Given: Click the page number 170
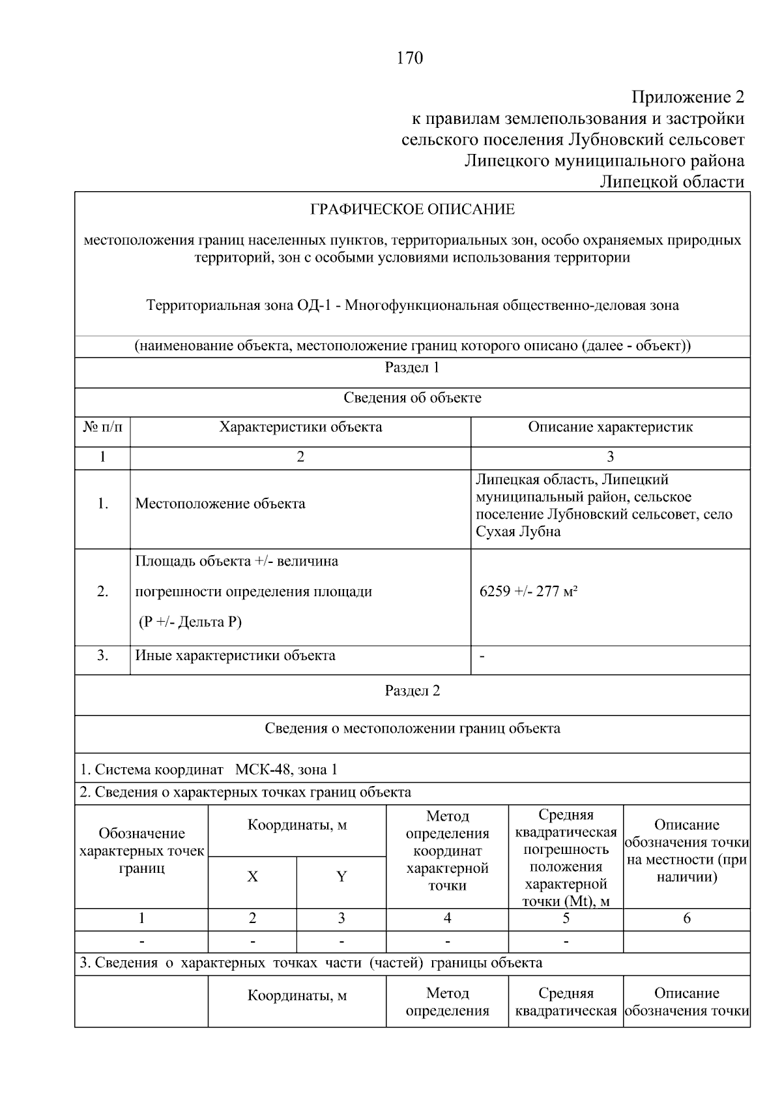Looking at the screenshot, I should point(410,58).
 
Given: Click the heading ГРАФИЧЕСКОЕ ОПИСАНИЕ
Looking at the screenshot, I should point(412,209).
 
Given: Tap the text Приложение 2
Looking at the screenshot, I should point(688,98).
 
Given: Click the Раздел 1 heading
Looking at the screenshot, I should point(412,368).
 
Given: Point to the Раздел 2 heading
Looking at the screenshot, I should point(412,691).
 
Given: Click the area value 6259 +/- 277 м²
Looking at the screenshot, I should point(529,592).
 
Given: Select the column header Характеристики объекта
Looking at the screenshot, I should point(300,427).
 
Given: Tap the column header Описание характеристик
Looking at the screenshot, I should point(610,427).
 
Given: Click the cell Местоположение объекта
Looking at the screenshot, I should point(220,504).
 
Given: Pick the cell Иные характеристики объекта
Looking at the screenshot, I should point(235,656).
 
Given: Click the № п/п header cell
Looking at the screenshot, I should point(102,427).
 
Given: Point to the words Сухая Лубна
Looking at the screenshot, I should point(518,531).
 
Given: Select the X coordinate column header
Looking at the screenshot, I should point(252,877).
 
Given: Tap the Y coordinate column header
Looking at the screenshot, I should point(341,877).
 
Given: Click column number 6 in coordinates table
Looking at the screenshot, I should point(686,918).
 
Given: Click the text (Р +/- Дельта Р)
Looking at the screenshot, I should point(190,622).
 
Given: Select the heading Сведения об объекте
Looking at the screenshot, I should point(412,398).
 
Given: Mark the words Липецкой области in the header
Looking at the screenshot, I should point(671,181).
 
